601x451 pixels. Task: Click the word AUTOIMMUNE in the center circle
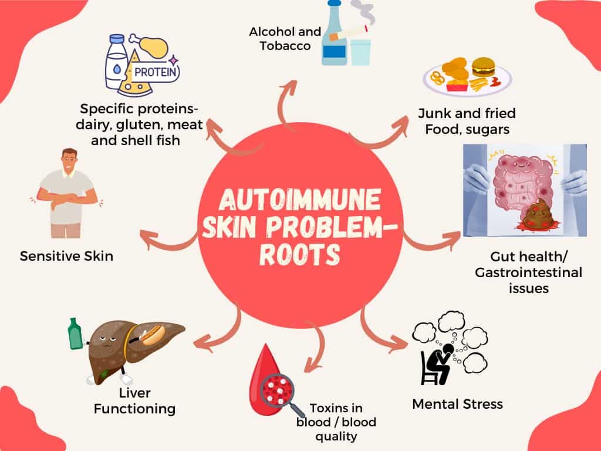[x=300, y=200]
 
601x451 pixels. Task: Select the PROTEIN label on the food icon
[x=155, y=72]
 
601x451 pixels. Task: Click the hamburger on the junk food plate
[x=483, y=67]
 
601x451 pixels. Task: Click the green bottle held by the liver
[x=75, y=334]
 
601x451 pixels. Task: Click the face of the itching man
[x=70, y=162]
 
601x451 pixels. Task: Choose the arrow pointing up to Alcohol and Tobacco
[x=286, y=103]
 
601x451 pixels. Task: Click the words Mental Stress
[x=457, y=404]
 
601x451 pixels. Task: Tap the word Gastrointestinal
[x=529, y=272]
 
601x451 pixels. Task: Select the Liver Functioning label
[x=134, y=400]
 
